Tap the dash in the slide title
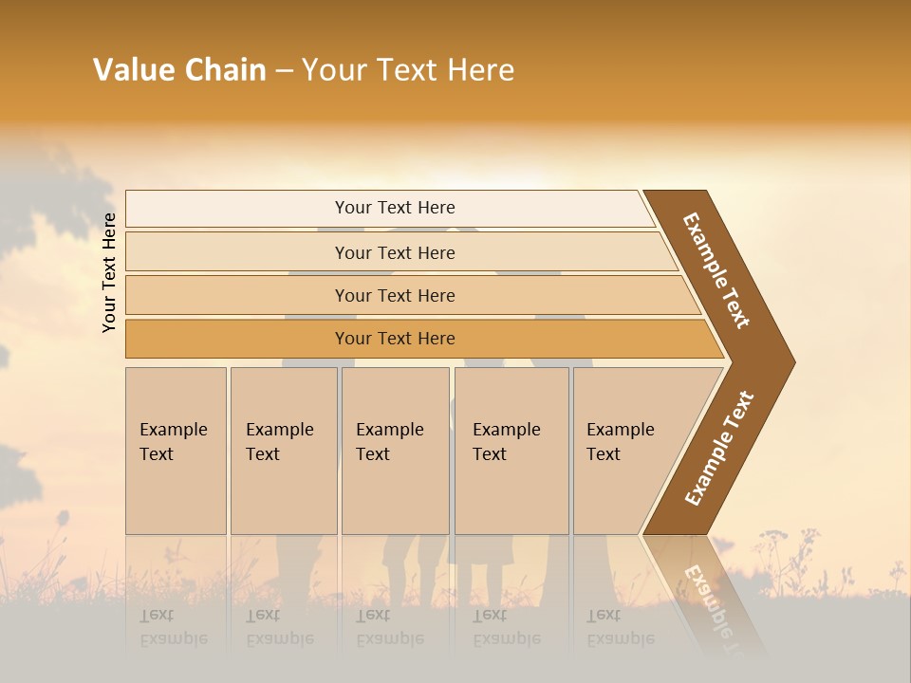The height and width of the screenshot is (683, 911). pyautogui.click(x=284, y=71)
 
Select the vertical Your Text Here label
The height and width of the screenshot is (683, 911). pyautogui.click(x=109, y=272)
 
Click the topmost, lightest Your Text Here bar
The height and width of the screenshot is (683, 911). pyautogui.click(x=394, y=208)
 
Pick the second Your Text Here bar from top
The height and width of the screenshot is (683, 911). pyautogui.click(x=394, y=252)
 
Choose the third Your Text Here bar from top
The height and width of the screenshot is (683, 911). pyautogui.click(x=394, y=295)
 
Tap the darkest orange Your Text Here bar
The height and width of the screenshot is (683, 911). pyautogui.click(x=394, y=339)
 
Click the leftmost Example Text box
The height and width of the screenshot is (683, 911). pyautogui.click(x=176, y=451)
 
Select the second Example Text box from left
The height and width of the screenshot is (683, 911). pyautogui.click(x=283, y=451)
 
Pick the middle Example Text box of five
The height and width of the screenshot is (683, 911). pyautogui.click(x=395, y=451)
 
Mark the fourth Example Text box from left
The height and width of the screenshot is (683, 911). pyautogui.click(x=511, y=451)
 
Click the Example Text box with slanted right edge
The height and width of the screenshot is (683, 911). pyautogui.click(x=631, y=451)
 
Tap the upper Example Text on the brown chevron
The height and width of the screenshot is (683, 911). pyautogui.click(x=716, y=270)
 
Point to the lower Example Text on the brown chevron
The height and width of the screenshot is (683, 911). pyautogui.click(x=718, y=449)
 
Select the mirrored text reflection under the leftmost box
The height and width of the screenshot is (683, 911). pyautogui.click(x=173, y=627)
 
